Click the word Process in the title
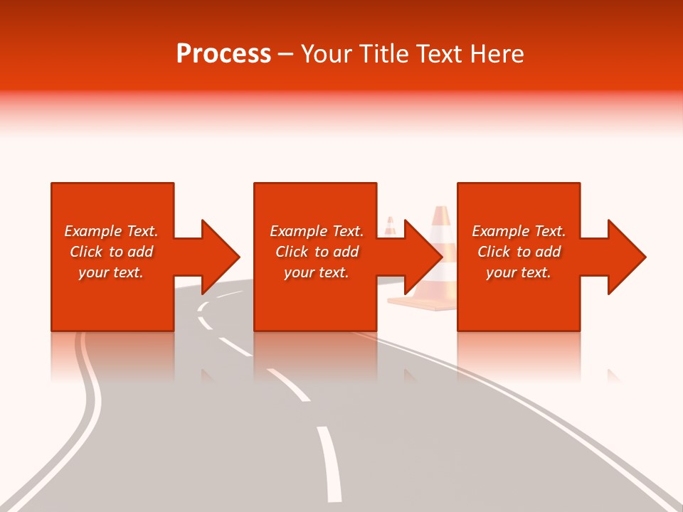[223, 54]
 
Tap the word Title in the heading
[383, 54]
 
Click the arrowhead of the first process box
[220, 257]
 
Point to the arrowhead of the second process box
[423, 257]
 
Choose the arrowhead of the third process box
[626, 257]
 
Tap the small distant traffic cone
[390, 226]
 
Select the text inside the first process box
[111, 252]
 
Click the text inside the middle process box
[316, 252]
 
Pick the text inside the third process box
[519, 252]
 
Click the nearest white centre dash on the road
[329, 462]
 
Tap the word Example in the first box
[93, 231]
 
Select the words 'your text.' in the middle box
[316, 272]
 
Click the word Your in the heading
[325, 54]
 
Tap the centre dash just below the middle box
[288, 384]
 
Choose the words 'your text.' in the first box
[111, 272]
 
